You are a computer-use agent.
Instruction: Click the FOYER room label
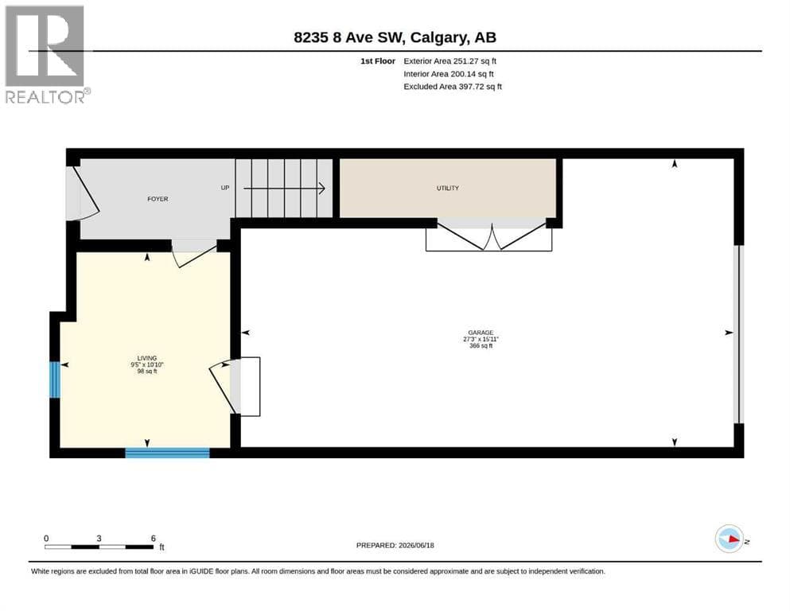tap(158, 199)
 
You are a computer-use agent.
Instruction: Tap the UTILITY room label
tap(447, 188)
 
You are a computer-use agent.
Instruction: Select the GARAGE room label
tap(481, 333)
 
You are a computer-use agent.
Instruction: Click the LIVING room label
tap(147, 358)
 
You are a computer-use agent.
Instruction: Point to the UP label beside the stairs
tap(224, 188)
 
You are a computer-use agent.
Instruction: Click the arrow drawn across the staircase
tap(284, 189)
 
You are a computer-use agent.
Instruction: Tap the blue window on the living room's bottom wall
tap(167, 453)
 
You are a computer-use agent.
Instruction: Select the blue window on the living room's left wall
tap(55, 379)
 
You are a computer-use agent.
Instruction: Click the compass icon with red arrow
tap(729, 539)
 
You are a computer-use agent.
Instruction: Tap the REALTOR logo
tap(48, 54)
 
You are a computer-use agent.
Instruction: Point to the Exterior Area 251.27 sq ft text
tap(450, 61)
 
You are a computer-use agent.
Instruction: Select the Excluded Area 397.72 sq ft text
tap(453, 87)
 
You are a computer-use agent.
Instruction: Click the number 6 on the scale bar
tap(154, 539)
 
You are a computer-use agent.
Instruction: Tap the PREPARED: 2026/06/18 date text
tap(395, 545)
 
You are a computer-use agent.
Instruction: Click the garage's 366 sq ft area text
tap(481, 346)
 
